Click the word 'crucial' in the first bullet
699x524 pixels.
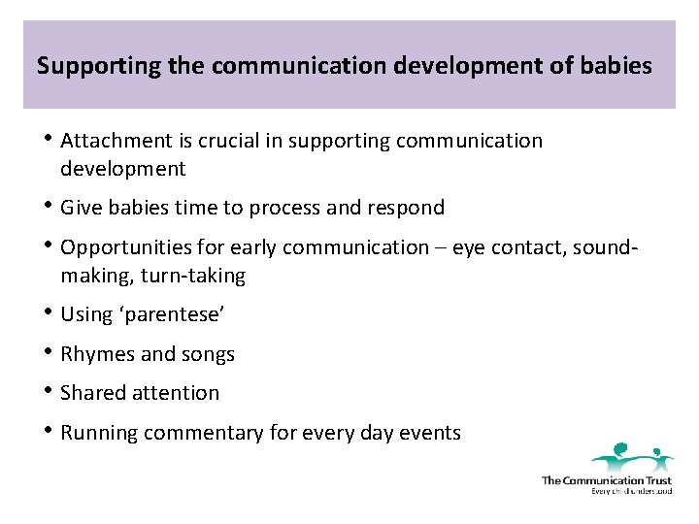[x=229, y=141]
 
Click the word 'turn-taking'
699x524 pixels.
[x=193, y=276]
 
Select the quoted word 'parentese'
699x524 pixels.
[x=177, y=314]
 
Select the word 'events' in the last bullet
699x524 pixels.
[x=431, y=433]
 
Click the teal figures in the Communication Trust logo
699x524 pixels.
[x=632, y=455]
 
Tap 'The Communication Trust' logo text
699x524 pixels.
[x=606, y=479]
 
